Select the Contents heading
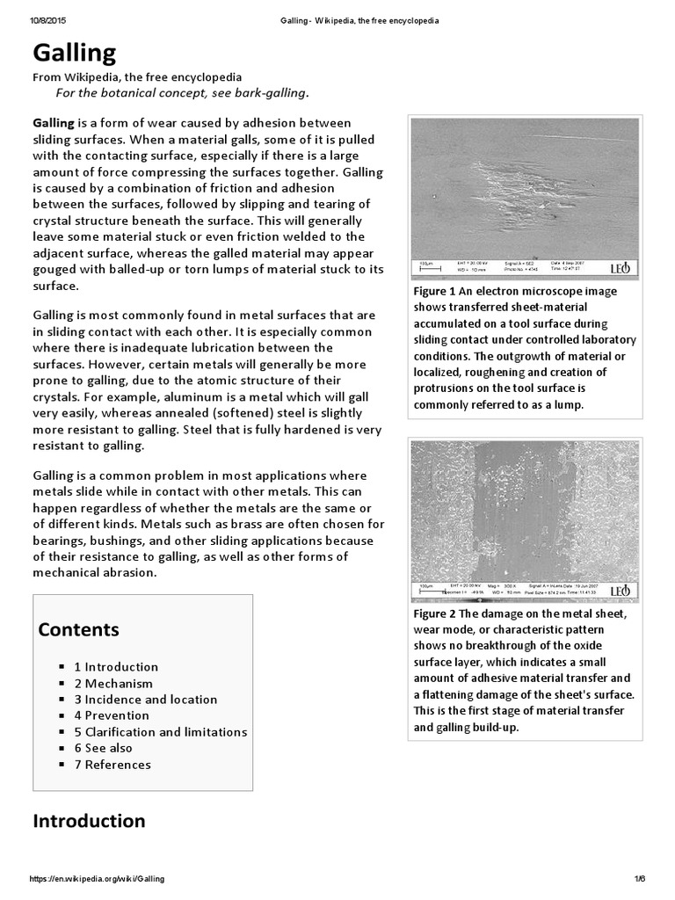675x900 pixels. tap(79, 630)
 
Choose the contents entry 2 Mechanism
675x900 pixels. tap(112, 683)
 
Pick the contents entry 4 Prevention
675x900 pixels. tap(112, 715)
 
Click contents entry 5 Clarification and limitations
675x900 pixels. tap(160, 732)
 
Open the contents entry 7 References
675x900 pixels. tap(112, 765)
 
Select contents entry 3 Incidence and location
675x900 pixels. tap(145, 700)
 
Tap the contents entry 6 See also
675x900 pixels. tap(103, 748)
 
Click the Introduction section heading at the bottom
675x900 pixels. tap(89, 821)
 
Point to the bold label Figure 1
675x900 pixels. tap(432, 291)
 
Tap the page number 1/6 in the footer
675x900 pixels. tap(639, 879)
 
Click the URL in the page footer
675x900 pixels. tap(97, 879)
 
